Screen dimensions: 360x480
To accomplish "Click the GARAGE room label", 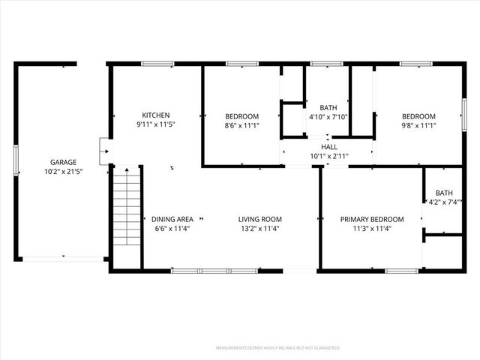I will pos(63,162).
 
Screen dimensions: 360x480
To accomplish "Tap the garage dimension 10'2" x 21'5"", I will pos(63,171).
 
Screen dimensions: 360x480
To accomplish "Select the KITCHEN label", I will pos(157,115).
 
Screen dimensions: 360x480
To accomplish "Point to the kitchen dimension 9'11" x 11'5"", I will pos(157,124).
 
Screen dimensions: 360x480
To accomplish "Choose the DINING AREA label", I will pos(172,219).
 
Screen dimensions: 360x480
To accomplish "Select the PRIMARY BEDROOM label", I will pos(372,219).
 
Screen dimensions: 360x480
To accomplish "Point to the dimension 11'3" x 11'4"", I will pos(372,228).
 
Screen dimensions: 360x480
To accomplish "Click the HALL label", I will pos(328,147).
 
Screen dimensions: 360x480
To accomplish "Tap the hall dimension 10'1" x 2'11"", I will pos(328,156).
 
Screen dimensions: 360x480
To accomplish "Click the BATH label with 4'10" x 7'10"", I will pos(328,107).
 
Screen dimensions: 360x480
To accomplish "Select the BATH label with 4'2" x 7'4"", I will pos(444,193).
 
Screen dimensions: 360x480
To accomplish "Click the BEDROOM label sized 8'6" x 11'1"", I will pos(242,116).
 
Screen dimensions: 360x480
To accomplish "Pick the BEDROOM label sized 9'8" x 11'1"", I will pos(418,116).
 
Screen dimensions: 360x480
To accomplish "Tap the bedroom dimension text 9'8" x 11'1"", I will pos(418,125).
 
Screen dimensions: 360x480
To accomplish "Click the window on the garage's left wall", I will pos(16,162).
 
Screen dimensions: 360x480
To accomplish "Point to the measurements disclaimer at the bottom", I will pos(277,348).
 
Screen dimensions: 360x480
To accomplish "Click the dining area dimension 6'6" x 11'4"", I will pos(172,228).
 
